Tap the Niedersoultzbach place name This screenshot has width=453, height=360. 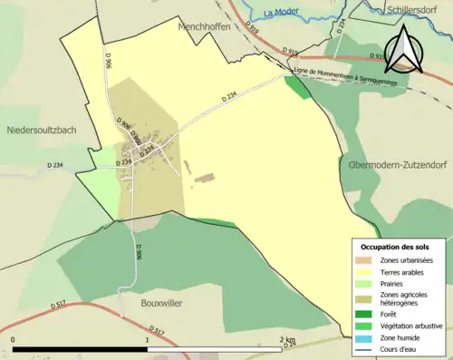(x=42, y=130)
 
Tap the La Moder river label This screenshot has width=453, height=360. (x=281, y=13)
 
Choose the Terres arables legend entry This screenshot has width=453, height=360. (x=404, y=272)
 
